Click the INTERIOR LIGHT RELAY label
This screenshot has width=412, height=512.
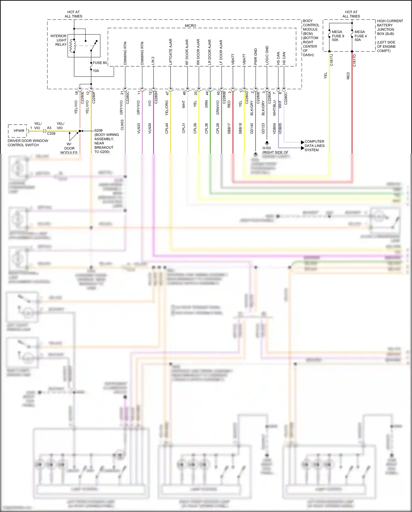[x=59, y=40]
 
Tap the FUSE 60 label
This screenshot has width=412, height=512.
[x=100, y=63]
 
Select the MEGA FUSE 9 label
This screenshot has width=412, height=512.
[x=338, y=36]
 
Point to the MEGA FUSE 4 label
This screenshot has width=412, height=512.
[x=360, y=36]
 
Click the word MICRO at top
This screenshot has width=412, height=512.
[x=190, y=26]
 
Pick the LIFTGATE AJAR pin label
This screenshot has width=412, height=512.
[x=171, y=52]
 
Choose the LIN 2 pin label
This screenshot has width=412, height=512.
[x=153, y=61]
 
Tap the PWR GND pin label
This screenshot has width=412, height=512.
[x=256, y=57]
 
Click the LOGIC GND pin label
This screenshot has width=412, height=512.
[x=267, y=55]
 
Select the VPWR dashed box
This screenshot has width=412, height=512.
[x=18, y=131]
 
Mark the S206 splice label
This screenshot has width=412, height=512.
[x=99, y=130]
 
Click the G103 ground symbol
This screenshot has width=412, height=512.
[x=267, y=143]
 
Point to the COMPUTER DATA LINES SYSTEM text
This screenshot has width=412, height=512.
[x=314, y=146]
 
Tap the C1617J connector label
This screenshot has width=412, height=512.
[x=332, y=60]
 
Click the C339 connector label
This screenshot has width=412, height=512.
[x=51, y=133]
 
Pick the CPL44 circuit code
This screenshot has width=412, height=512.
[x=167, y=128]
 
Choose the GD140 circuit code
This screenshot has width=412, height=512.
[x=252, y=128]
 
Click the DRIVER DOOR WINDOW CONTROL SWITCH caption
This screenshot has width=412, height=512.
[x=28, y=143]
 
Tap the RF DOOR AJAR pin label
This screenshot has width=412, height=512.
[x=187, y=52]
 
